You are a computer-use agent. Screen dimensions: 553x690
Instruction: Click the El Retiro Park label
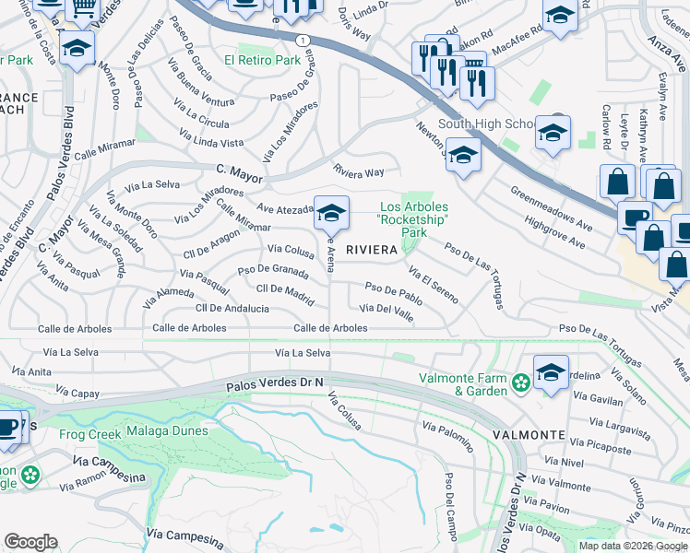(x=262, y=60)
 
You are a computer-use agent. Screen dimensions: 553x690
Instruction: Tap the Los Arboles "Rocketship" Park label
(x=414, y=219)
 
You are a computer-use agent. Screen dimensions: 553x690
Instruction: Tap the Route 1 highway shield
(x=303, y=41)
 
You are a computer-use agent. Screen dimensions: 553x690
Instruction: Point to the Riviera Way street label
(x=358, y=172)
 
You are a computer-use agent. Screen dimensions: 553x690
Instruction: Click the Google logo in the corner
(x=30, y=542)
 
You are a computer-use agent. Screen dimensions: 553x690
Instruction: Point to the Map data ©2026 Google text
(x=633, y=546)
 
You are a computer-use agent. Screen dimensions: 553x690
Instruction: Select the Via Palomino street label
(x=447, y=435)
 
